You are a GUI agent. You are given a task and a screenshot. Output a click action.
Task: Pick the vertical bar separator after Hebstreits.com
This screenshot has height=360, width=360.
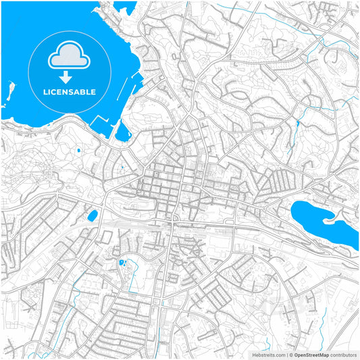(x=286, y=354)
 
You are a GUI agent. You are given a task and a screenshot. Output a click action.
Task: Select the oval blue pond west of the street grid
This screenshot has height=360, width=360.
(x=91, y=216)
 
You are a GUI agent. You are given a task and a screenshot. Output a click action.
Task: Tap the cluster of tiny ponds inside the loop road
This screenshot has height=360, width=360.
(x=123, y=262)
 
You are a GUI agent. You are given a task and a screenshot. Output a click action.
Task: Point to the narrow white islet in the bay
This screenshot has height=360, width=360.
(x=10, y=91)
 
